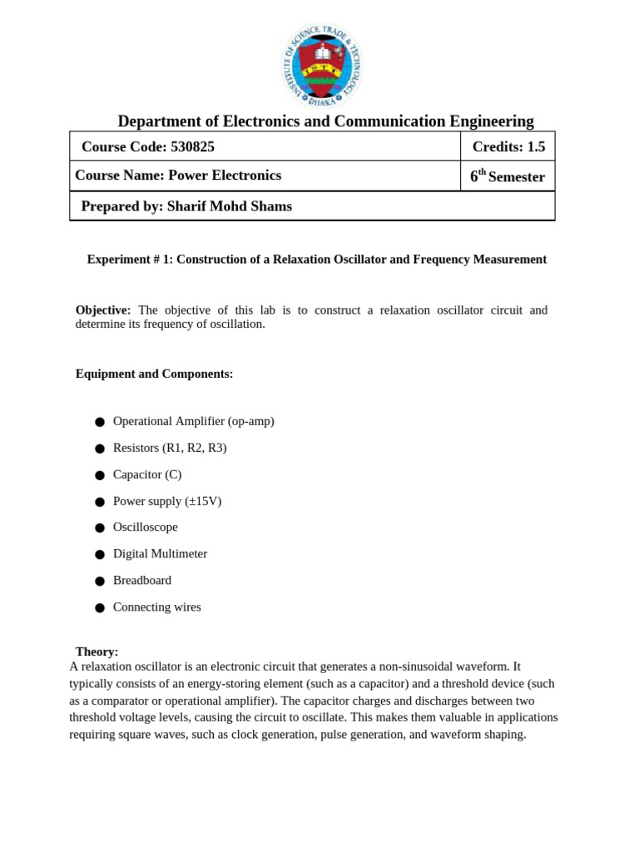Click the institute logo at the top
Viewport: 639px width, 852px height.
coord(321,65)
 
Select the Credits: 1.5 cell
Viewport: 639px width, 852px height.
coord(508,146)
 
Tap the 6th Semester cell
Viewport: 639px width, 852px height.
coord(508,176)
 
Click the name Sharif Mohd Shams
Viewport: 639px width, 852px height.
coord(230,206)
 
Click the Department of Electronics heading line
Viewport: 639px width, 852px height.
coord(325,121)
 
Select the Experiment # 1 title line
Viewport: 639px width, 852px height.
coord(316,260)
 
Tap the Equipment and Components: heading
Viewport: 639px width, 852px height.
coord(154,374)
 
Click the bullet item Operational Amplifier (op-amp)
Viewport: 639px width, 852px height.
coord(193,421)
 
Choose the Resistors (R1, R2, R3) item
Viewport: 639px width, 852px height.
coord(170,448)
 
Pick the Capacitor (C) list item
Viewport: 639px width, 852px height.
coord(147,474)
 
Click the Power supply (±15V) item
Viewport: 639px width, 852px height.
coord(167,501)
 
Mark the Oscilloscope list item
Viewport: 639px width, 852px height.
coord(146,528)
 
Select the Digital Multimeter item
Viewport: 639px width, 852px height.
coord(160,554)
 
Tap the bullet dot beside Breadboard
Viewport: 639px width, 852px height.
coord(99,582)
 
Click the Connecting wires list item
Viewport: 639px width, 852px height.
coord(157,607)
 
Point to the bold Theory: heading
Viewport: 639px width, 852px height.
coord(97,651)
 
